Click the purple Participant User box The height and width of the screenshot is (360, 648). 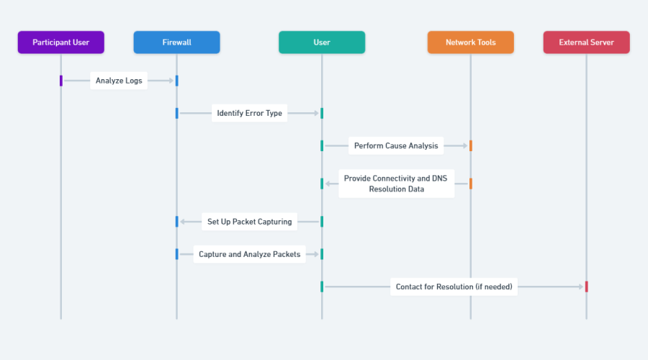(61, 42)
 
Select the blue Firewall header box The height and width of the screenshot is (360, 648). (176, 42)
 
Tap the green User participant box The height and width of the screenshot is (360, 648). (322, 42)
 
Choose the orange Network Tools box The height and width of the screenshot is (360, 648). (470, 42)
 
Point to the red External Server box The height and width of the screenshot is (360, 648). (586, 42)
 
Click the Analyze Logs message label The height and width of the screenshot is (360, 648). (119, 81)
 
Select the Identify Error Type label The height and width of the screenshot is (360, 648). (250, 113)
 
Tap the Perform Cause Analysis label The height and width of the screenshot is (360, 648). (395, 145)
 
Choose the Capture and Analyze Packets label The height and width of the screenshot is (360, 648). (250, 254)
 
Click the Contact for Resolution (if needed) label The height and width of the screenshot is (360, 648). (454, 287)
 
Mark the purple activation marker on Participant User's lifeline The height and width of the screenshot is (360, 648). (61, 81)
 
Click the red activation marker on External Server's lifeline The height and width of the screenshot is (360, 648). (586, 287)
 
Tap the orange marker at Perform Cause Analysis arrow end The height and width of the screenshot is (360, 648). (470, 145)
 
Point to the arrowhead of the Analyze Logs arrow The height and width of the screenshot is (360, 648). (171, 81)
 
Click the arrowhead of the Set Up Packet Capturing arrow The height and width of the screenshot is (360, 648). (183, 222)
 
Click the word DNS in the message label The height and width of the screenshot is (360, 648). (441, 178)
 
